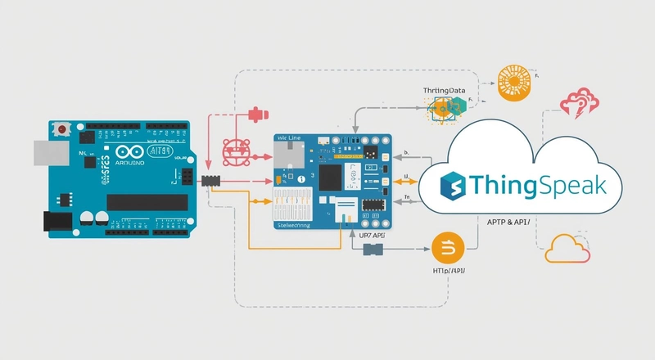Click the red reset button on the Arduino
point(61,129)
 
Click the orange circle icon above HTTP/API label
point(448,247)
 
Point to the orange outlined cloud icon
point(567,248)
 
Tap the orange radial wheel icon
point(513,84)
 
